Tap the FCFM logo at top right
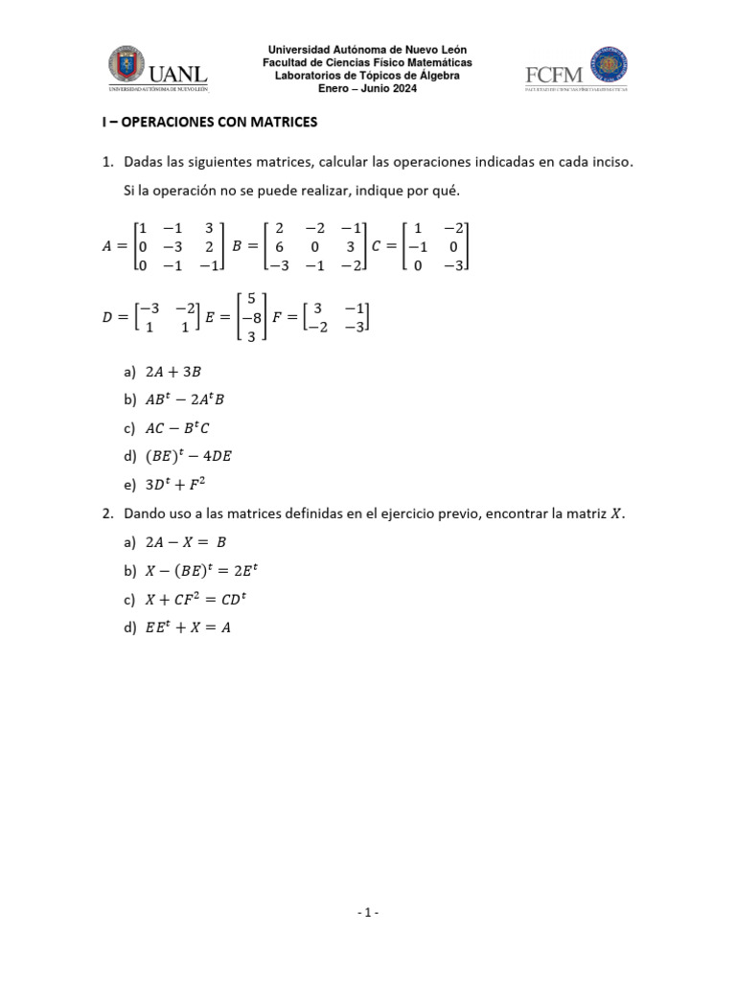coord(576,69)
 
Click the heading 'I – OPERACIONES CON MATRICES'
coord(209,123)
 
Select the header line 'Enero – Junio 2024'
coord(368,88)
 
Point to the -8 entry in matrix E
coord(250,317)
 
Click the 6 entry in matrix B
coord(279,246)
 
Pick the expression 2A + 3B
coord(173,371)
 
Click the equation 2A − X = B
coord(185,541)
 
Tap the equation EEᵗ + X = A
coord(188,627)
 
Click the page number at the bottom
coord(368,912)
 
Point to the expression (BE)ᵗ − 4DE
coord(188,456)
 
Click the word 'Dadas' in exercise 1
coord(144,162)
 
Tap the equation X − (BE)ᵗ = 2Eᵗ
coord(200,570)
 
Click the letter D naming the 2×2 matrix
coord(106,317)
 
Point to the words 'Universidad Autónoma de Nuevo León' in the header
coord(368,50)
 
